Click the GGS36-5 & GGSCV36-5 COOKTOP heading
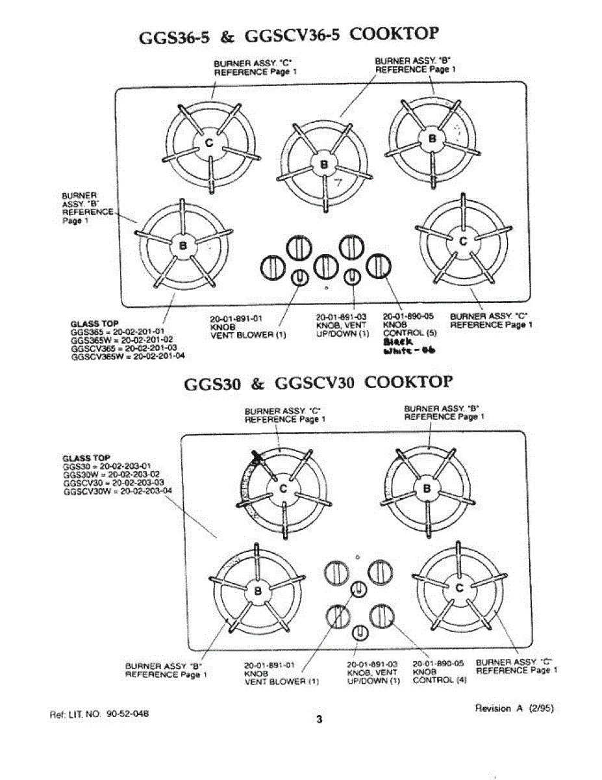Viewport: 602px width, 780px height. coord(290,36)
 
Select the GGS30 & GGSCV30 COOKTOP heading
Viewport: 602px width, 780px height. coord(318,382)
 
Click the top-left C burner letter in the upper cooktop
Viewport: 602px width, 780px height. coord(209,144)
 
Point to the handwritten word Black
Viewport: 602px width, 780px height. coord(397,341)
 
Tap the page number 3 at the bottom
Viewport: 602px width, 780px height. coord(318,720)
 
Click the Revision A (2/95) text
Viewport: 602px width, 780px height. coord(514,708)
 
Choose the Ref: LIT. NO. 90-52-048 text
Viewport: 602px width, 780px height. coord(99,714)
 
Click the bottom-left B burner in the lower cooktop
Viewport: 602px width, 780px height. coord(258,591)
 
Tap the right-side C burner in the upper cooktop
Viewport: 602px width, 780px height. coord(463,241)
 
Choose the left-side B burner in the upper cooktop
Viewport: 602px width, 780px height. coord(182,246)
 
